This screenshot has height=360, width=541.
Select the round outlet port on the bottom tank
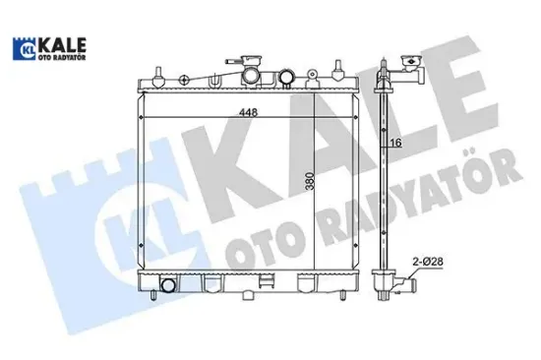tap(167, 286)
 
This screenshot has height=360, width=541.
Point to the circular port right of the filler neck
tap(285, 76)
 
